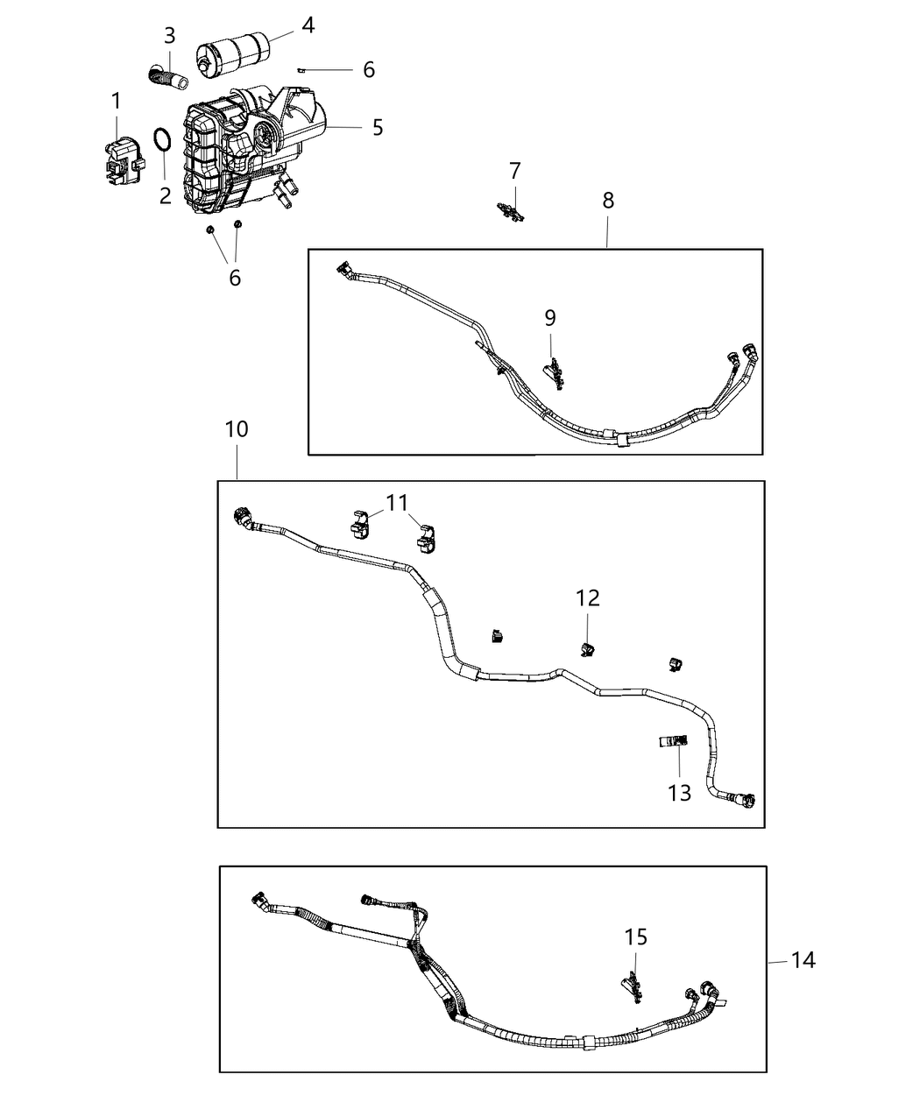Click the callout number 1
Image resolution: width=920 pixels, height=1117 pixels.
pos(116,102)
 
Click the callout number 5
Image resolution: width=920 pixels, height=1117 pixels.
pos(377,128)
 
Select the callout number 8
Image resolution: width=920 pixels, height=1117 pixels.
pos(608,200)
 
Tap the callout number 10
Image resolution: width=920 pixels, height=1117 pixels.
pos(236,429)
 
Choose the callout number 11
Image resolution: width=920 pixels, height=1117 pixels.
pos(397,503)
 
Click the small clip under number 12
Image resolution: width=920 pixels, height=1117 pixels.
pos(586,648)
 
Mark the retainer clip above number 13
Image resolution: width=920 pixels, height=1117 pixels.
pos(672,742)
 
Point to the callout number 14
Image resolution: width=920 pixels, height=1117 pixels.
pos(803,960)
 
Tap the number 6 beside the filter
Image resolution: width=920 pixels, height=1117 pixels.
pos(368,70)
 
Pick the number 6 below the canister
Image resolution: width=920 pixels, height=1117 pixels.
pos(234,278)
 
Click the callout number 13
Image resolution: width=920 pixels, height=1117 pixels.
pos(679,793)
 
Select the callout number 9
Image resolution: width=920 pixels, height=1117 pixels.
pos(549,317)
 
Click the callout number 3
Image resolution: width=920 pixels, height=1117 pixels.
pos(169,36)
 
